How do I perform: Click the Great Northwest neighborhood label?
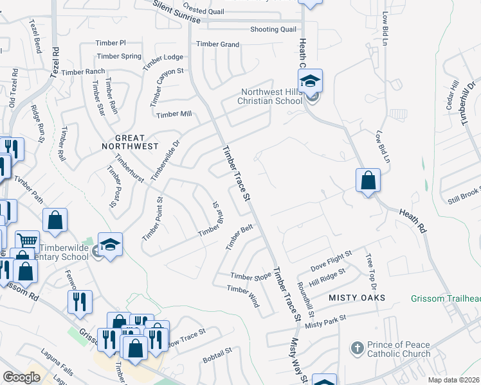click(129, 142)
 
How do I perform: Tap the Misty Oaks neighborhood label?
click(357, 298)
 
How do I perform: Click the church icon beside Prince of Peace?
click(357, 348)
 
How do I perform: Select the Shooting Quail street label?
click(273, 30)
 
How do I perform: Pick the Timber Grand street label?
click(218, 44)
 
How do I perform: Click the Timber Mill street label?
click(174, 114)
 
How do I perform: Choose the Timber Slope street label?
click(251, 277)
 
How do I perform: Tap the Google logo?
click(21, 377)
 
